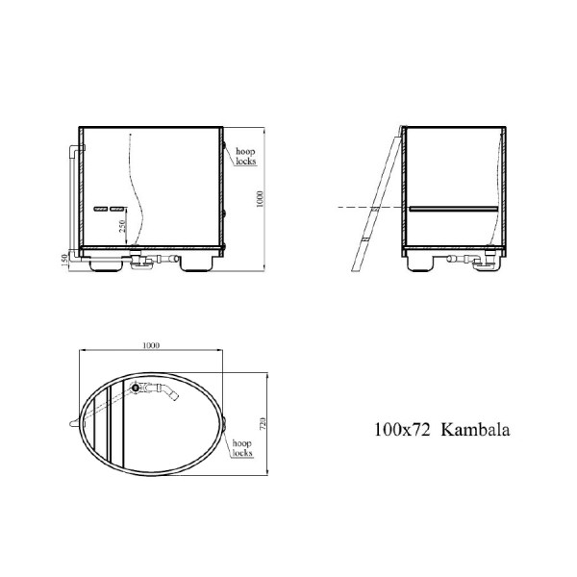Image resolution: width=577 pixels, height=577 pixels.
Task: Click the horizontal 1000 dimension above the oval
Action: (x=150, y=345)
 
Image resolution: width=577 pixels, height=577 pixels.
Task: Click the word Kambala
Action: (x=475, y=431)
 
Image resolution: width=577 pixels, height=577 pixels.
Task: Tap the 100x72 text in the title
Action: (x=403, y=431)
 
